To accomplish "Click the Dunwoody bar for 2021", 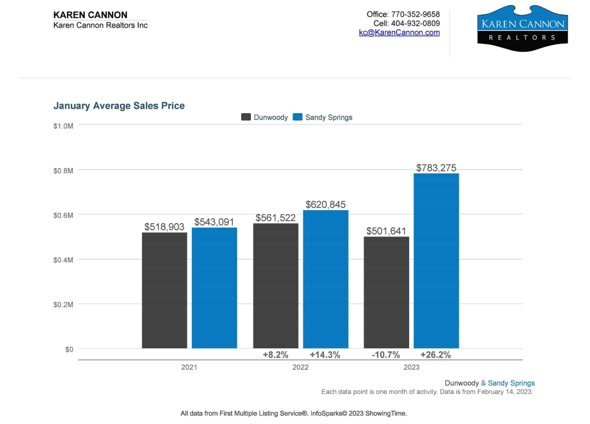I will tap(164, 290).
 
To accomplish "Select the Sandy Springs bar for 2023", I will tap(436, 261).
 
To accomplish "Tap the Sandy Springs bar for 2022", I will tap(325, 279).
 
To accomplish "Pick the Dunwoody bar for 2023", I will tap(386, 292).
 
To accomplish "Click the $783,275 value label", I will tap(436, 168).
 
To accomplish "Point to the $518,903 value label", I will tap(164, 227).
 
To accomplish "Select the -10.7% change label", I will tap(386, 355).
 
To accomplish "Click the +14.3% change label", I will tap(325, 355).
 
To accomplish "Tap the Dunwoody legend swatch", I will tap(246, 117).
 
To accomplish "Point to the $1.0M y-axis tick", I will tap(63, 125).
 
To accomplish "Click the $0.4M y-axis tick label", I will tap(63, 260).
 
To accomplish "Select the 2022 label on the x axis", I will tap(300, 367).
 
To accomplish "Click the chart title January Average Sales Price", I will tap(119, 106).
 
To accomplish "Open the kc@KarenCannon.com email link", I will tap(399, 32).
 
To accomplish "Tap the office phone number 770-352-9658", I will tap(415, 14).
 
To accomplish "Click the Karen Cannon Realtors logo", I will tap(522, 28).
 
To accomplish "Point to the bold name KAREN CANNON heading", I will tap(90, 15).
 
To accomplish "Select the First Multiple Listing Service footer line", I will tap(294, 413).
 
